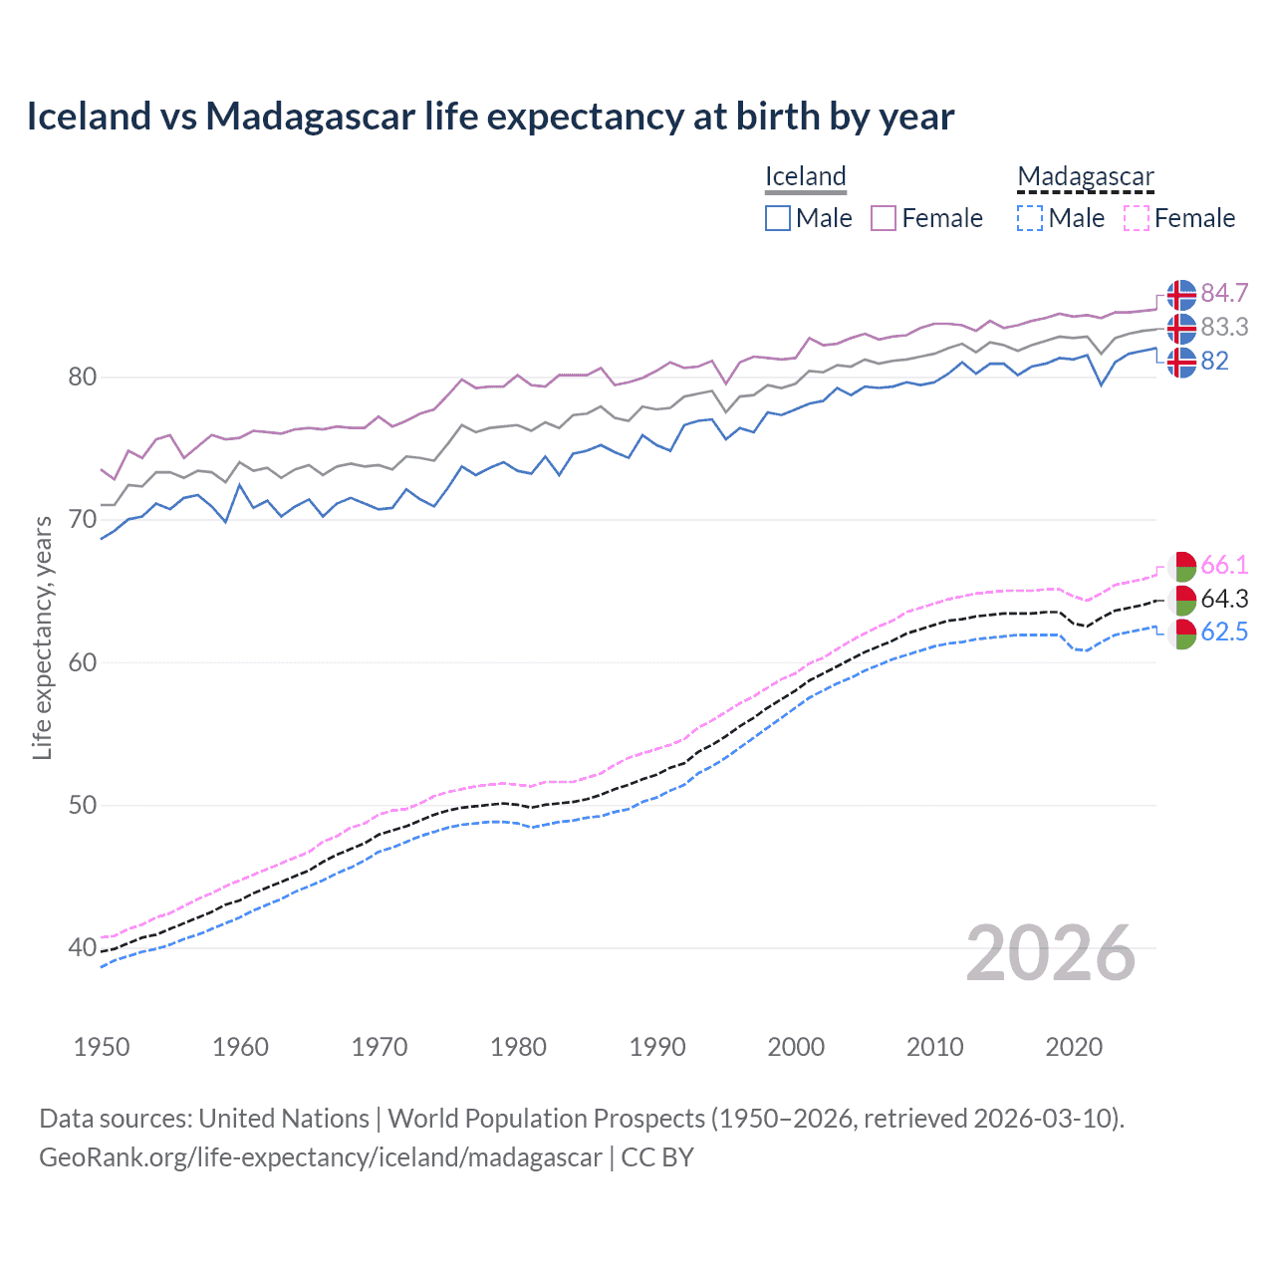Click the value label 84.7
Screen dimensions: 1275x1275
1224,293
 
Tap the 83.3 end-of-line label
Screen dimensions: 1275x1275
1224,327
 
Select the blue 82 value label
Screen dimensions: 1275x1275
1214,361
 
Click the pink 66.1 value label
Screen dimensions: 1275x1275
1224,565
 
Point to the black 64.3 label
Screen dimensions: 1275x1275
1224,599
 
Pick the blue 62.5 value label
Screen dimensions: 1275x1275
1224,633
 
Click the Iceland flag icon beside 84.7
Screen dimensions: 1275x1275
1181,295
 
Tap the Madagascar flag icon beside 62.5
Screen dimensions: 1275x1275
1181,635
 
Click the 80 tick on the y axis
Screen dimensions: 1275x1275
83,377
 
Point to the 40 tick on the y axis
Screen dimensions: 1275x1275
83,947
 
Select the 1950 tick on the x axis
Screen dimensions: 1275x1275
102,1047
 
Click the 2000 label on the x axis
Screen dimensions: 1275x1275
796,1047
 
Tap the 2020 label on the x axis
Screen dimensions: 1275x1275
1074,1047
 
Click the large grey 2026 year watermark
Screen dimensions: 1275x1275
1051,953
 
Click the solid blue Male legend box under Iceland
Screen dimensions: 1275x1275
778,218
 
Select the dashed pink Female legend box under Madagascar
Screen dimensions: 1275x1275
1137,218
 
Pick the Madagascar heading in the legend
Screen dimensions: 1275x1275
1086,176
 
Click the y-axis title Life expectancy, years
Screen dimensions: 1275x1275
42,637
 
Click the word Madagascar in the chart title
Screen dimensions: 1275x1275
310,117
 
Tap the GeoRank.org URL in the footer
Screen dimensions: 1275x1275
320,1157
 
